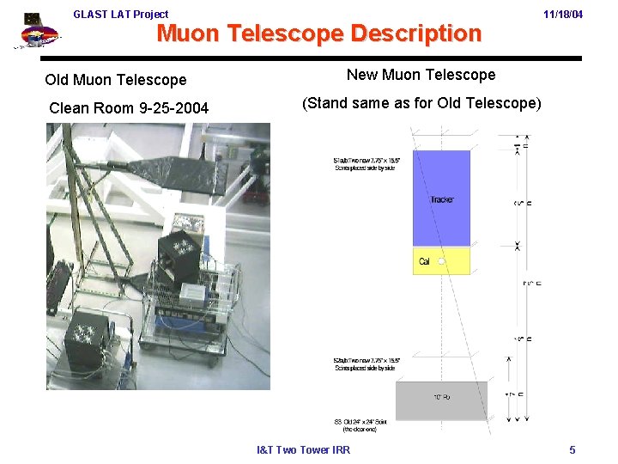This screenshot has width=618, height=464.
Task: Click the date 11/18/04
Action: pyautogui.click(x=563, y=15)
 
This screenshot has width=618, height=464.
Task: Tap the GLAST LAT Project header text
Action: pyautogui.click(x=121, y=14)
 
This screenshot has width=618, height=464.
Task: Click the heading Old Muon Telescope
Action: pyautogui.click(x=116, y=80)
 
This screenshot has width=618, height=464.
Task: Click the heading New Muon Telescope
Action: pyautogui.click(x=421, y=75)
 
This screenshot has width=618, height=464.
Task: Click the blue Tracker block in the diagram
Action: pyautogui.click(x=441, y=198)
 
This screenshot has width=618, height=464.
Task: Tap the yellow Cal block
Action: pyautogui.click(x=441, y=261)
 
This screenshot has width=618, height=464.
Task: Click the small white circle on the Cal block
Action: pyautogui.click(x=439, y=260)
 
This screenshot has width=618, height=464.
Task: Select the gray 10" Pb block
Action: pyautogui.click(x=441, y=400)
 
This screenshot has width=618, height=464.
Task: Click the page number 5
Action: pyautogui.click(x=573, y=450)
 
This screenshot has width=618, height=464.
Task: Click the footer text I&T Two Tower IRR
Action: pyautogui.click(x=304, y=450)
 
